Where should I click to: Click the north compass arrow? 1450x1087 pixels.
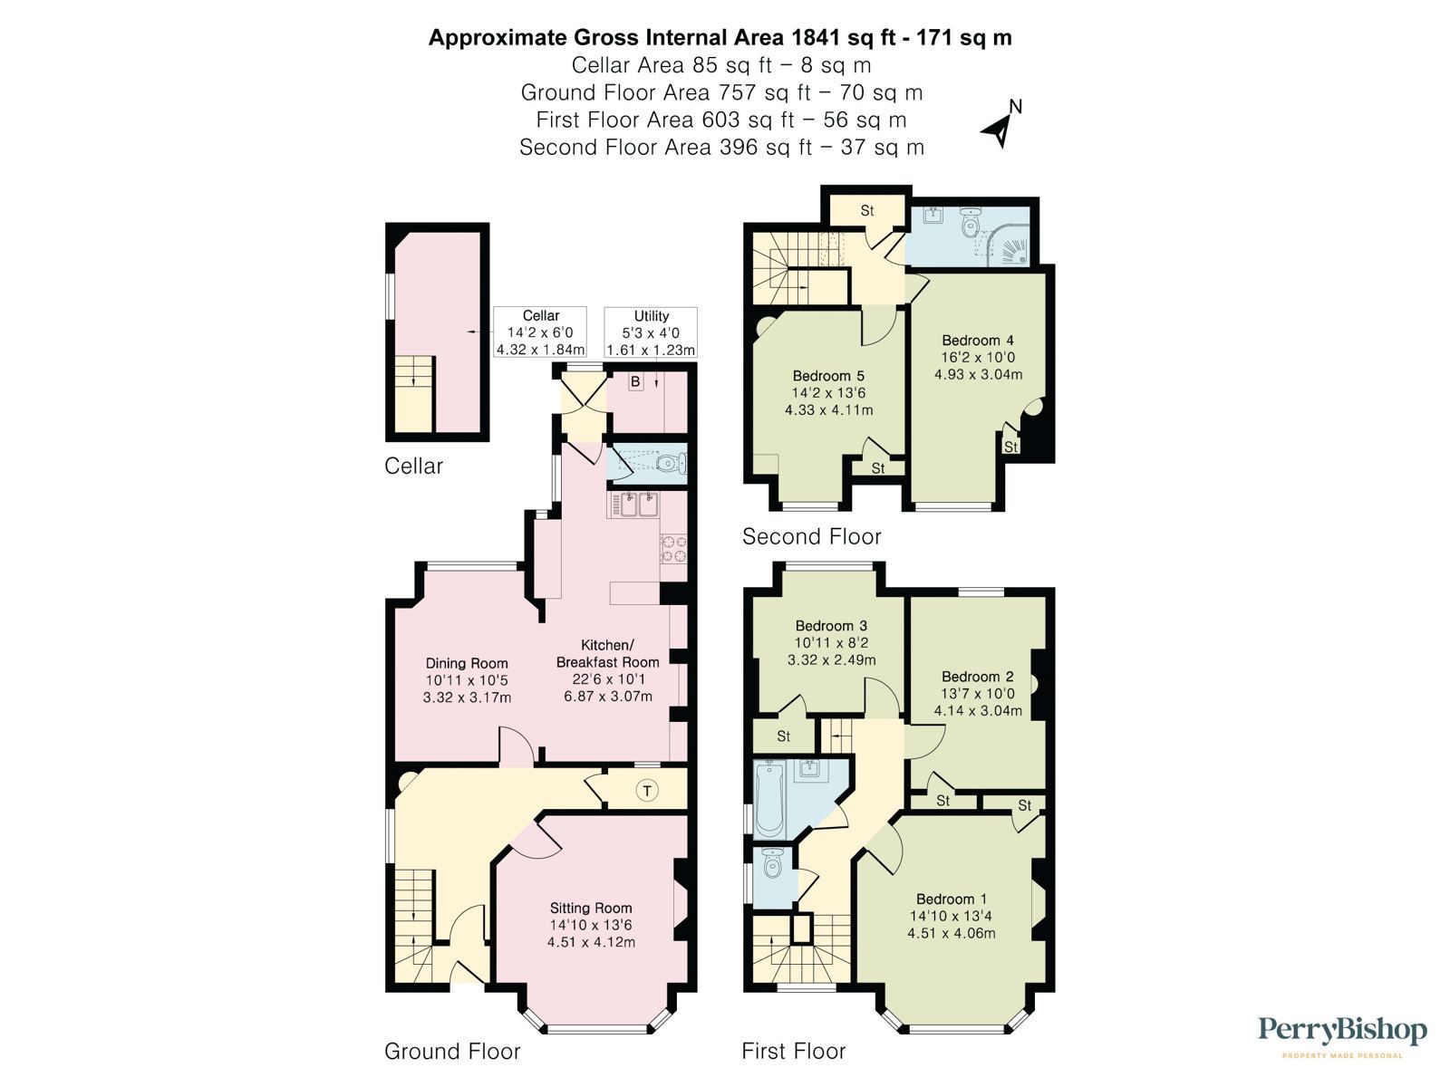[999, 129]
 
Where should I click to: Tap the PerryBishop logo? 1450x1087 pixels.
[1342, 1032]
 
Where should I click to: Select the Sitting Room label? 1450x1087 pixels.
[591, 908]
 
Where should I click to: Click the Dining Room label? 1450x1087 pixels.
[467, 663]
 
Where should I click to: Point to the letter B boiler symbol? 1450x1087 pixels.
[635, 382]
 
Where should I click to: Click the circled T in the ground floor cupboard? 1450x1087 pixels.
[647, 791]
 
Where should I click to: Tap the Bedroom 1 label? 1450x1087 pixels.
[952, 899]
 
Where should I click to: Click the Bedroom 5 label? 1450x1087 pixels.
[828, 376]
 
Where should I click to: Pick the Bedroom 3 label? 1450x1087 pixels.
[831, 626]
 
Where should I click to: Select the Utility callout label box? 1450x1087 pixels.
[651, 332]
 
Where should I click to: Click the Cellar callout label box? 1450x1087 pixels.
[541, 332]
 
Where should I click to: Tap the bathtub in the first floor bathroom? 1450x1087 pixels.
[768, 800]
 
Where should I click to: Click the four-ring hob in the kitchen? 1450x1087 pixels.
[673, 548]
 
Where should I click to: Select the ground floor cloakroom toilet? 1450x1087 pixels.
[669, 465]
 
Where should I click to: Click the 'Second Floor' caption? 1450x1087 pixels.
[811, 536]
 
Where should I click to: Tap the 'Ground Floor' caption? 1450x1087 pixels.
[452, 1051]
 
